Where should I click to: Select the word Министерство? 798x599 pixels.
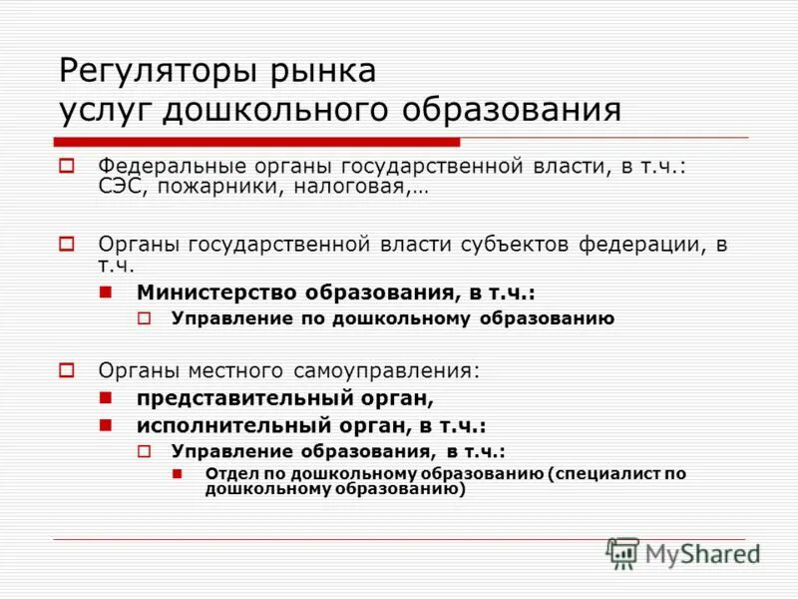[x=216, y=293]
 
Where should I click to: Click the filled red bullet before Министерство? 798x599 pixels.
[x=106, y=293]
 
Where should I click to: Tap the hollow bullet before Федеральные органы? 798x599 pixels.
[x=67, y=166]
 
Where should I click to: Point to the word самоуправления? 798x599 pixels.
[x=385, y=370]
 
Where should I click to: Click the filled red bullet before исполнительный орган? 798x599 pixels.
[x=106, y=424]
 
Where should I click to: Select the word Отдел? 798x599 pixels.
[x=227, y=473]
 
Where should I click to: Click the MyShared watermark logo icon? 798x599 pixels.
[x=622, y=552]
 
